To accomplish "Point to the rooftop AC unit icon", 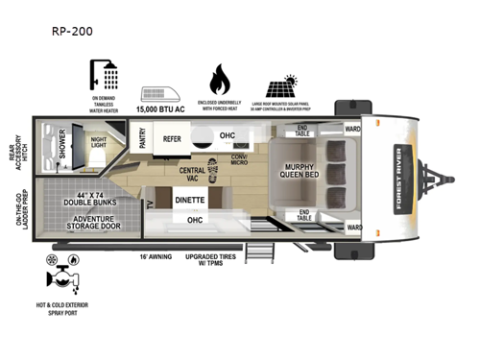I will pos(159,95).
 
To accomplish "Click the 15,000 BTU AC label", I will pos(161,111).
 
